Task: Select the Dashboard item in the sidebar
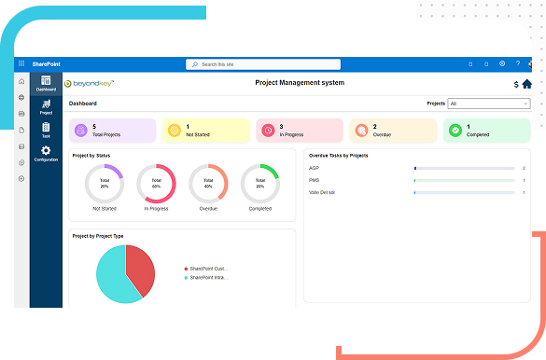(x=46, y=83)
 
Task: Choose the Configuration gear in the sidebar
(x=46, y=153)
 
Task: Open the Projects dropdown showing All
(x=488, y=104)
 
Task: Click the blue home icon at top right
(x=526, y=84)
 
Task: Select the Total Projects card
(x=113, y=130)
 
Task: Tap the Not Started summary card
(x=206, y=130)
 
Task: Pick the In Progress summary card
(x=300, y=130)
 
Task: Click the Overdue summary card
(x=393, y=130)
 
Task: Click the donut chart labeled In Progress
(x=157, y=185)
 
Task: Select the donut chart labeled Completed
(x=259, y=185)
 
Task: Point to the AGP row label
(x=315, y=168)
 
